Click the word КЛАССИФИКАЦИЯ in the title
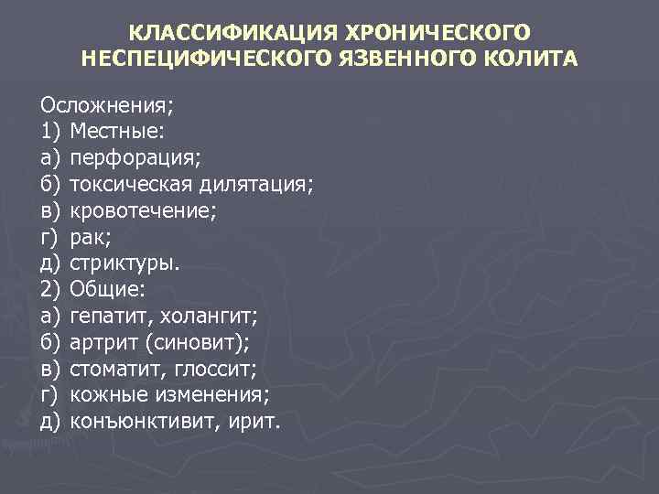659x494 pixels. pos(231,34)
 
